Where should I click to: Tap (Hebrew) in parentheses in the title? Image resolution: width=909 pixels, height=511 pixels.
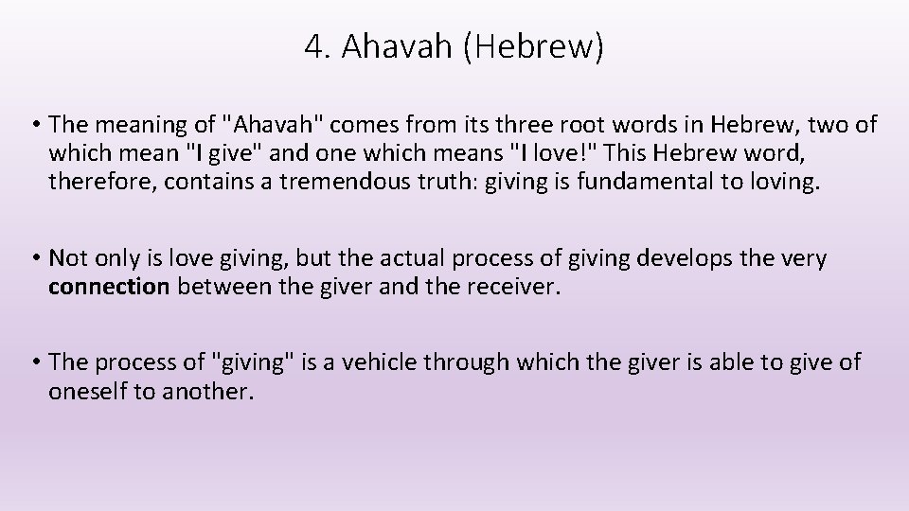[x=533, y=47]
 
